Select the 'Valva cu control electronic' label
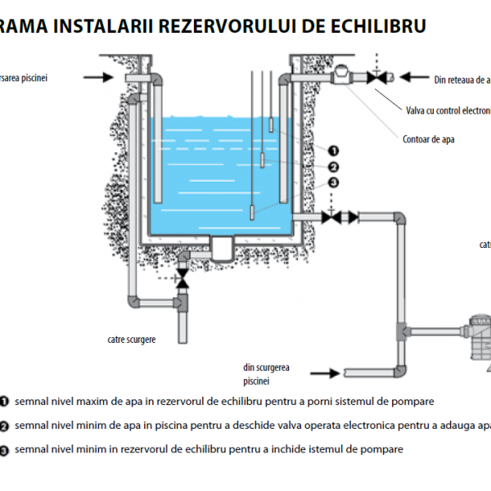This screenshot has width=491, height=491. [448, 110]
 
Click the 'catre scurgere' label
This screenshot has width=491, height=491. [131, 337]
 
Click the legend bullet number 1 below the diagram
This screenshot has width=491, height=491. [5, 403]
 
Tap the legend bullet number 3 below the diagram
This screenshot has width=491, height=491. [5, 450]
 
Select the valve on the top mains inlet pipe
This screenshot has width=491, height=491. [376, 78]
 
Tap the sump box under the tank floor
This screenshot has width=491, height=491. [222, 243]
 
